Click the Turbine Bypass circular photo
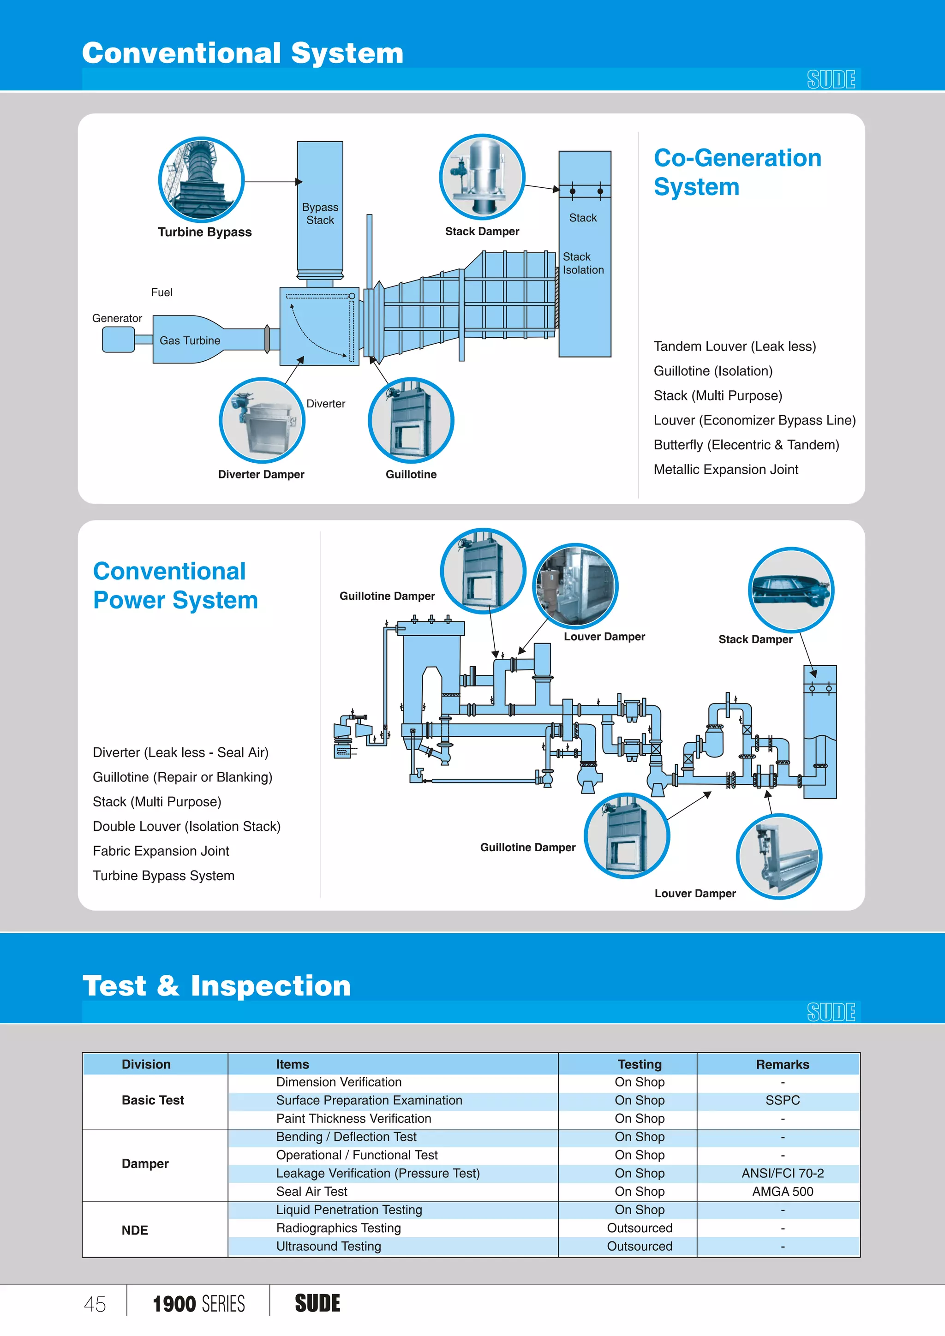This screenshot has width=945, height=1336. pyautogui.click(x=201, y=180)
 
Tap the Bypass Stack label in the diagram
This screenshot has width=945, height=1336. pyautogui.click(x=320, y=214)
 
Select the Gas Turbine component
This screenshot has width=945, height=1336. pyautogui.click(x=190, y=340)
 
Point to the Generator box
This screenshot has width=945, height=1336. pyautogui.click(x=118, y=339)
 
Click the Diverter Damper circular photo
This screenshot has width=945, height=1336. pyautogui.click(x=262, y=420)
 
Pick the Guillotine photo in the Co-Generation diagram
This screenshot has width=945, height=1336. pyautogui.click(x=411, y=420)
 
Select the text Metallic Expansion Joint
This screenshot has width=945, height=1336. pyautogui.click(x=726, y=470)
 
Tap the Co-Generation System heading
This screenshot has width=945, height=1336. pyautogui.click(x=737, y=172)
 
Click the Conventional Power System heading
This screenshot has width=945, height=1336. pyautogui.click(x=175, y=585)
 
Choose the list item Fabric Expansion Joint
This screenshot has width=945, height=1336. pyautogui.click(x=161, y=851)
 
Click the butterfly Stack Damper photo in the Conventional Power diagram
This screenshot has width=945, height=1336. pyautogui.click(x=791, y=590)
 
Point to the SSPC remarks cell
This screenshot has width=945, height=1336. pyautogui.click(x=782, y=1100)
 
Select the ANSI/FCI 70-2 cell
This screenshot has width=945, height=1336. pyautogui.click(x=782, y=1173)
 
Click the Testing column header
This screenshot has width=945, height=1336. pyautogui.click(x=640, y=1064)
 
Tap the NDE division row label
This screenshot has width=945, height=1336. pyautogui.click(x=135, y=1230)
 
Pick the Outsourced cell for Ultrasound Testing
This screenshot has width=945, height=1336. pyautogui.click(x=640, y=1247)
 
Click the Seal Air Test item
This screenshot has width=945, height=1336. pyautogui.click(x=312, y=1192)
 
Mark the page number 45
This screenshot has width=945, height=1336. pyautogui.click(x=95, y=1304)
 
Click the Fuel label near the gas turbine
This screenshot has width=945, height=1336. pyautogui.click(x=162, y=292)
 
